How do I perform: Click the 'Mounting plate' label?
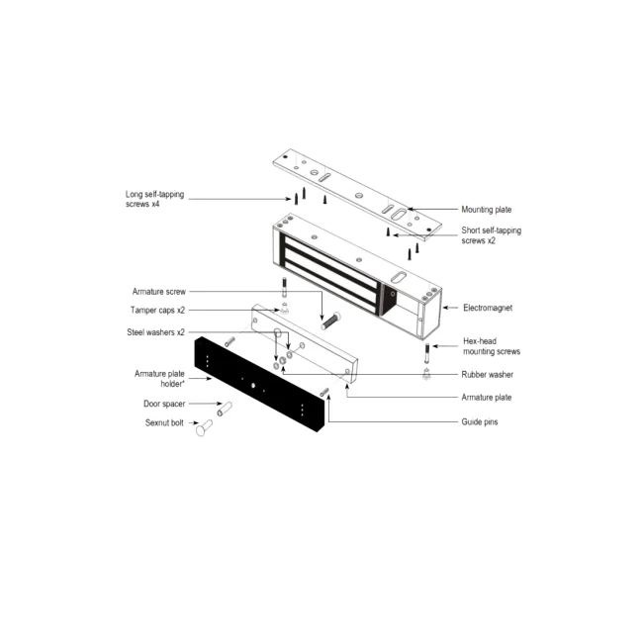[x=487, y=210]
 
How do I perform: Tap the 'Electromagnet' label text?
[x=488, y=308]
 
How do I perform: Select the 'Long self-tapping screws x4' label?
[x=154, y=199]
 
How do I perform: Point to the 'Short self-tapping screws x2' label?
[x=492, y=235]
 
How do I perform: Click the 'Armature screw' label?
[x=158, y=292]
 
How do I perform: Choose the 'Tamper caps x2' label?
[x=157, y=310]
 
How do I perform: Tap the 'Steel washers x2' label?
[x=155, y=332]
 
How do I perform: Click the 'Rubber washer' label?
[x=487, y=374]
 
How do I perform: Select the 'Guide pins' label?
[x=480, y=421]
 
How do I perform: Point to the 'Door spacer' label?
[x=164, y=404]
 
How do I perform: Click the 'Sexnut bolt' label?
[x=164, y=422]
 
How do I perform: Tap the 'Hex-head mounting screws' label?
[x=492, y=346]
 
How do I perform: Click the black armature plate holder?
[x=259, y=384]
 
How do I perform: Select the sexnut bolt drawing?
[x=204, y=427]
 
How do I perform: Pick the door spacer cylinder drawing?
[x=225, y=409]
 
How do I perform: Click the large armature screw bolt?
[x=330, y=321]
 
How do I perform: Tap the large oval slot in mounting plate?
[x=399, y=214]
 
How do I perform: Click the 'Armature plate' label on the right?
[x=487, y=397]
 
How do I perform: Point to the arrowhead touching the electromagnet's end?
[x=445, y=308]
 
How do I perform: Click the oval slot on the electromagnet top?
[x=399, y=277]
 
